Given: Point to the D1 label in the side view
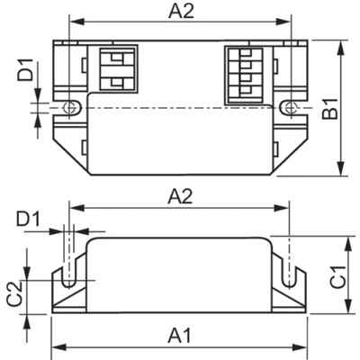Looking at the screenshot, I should [x=27, y=219].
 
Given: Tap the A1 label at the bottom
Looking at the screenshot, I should [x=180, y=336].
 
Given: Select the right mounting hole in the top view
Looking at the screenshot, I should [x=288, y=107].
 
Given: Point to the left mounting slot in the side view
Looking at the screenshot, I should [x=67, y=270].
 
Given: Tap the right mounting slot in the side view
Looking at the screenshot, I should [x=289, y=270].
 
